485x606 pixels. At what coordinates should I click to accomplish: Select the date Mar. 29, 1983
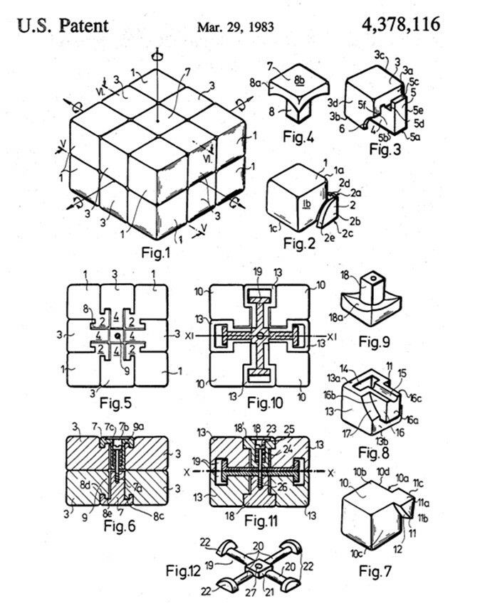234,27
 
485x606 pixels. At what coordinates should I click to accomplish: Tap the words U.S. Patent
63,26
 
